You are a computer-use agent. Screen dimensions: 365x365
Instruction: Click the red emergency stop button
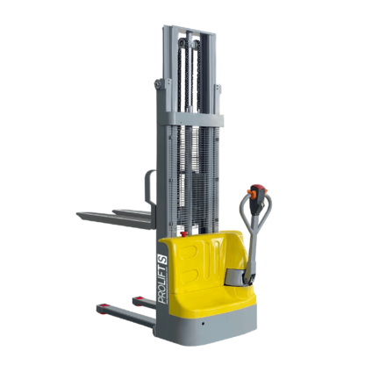tap(184, 233)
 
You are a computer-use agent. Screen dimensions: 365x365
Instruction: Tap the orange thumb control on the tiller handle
tap(250, 193)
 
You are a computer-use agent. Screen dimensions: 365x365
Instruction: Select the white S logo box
tap(162, 260)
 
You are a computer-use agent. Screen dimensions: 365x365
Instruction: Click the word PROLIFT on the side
tap(162, 285)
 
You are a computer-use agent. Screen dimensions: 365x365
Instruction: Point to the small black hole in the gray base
tap(203, 324)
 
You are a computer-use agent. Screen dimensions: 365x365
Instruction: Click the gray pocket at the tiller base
tap(235, 276)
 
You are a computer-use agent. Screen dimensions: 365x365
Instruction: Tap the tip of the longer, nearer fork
tap(78, 215)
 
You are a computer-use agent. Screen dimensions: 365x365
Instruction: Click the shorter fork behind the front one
tap(132, 212)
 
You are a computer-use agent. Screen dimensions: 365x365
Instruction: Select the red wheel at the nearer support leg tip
tap(102, 309)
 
